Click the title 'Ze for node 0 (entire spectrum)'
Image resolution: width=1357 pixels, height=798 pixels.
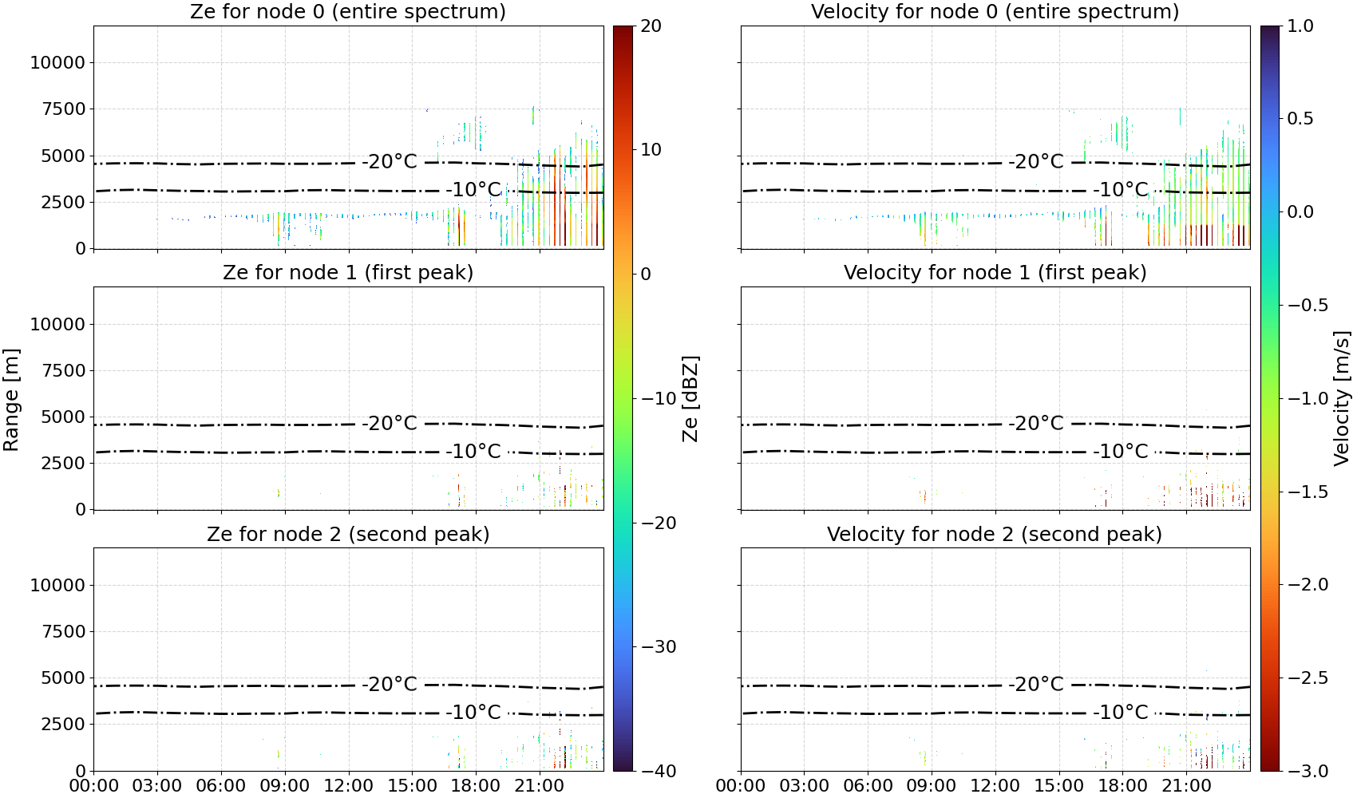pos(348,12)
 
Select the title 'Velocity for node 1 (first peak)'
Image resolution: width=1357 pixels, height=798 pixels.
pos(995,273)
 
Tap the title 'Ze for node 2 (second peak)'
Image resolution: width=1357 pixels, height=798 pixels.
pos(348,535)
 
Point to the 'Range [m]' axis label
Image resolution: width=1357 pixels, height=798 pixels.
pos(11,400)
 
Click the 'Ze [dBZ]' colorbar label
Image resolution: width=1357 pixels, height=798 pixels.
pos(690,399)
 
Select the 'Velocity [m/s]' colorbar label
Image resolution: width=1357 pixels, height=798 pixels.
pos(1343,398)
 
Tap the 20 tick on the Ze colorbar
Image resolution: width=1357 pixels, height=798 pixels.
pos(651,26)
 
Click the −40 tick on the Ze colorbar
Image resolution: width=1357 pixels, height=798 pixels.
pos(658,771)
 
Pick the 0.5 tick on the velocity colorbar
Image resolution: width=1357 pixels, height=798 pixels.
pos(1300,119)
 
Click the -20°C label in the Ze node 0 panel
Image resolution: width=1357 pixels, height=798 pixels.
pos(390,162)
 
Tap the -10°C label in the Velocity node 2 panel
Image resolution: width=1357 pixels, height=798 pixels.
pos(1121,713)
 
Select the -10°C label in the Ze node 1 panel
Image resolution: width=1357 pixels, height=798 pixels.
pos(473,452)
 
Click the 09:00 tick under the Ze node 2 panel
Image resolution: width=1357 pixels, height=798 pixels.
pos(285,786)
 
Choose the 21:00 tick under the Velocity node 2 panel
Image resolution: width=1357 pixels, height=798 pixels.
pos(1186,786)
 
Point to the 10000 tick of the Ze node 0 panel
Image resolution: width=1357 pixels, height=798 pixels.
pos(57,62)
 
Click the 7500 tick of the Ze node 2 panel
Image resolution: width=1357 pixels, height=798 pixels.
pos(63,631)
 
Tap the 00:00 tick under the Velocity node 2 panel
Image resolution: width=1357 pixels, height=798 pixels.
pos(740,786)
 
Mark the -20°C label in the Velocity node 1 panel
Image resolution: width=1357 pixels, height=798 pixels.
pos(1036,423)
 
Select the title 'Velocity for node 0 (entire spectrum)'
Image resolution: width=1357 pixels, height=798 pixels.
pos(995,12)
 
